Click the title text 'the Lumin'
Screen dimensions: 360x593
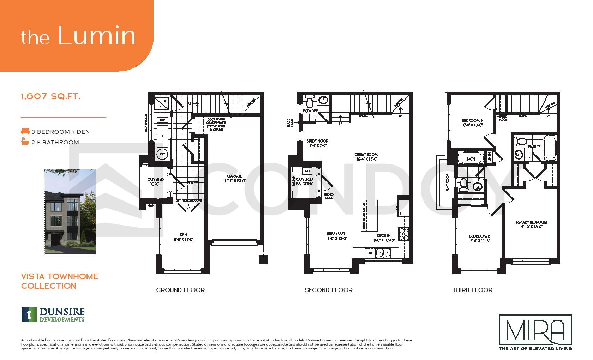click(78, 36)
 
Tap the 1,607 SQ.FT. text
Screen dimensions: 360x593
click(51, 96)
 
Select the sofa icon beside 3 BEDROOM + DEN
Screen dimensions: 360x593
click(25, 132)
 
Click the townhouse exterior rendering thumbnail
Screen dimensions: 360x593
click(70, 212)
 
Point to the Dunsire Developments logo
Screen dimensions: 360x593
click(53, 315)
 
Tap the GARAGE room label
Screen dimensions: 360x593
click(235, 178)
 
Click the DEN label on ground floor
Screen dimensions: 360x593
click(183, 237)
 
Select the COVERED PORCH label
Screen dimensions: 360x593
click(155, 181)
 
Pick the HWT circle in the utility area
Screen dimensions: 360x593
click(162, 154)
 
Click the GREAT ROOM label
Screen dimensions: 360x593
click(366, 156)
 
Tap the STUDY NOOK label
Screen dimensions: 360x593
click(317, 143)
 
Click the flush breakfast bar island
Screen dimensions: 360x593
click(369, 215)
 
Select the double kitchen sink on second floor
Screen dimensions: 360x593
click(383, 253)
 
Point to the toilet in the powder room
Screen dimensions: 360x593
click(310, 101)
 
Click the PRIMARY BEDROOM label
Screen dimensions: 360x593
click(531, 224)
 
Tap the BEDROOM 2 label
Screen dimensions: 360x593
click(479, 238)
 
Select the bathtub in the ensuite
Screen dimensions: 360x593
click(550, 148)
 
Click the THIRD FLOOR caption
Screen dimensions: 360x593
click(472, 290)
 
